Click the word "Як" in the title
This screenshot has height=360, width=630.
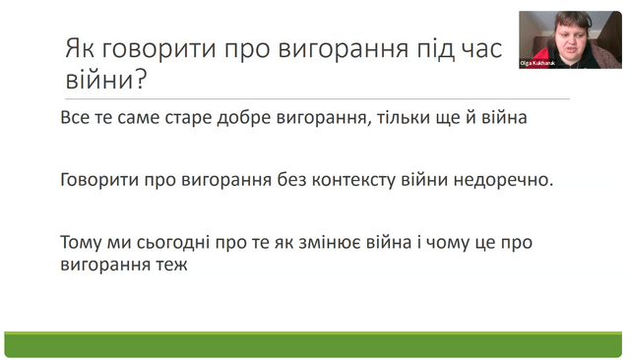tap(81, 48)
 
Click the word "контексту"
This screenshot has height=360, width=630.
tap(353, 180)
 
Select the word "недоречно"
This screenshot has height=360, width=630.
tap(504, 180)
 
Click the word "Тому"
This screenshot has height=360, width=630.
tap(81, 243)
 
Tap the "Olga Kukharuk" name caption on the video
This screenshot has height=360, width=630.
tap(537, 63)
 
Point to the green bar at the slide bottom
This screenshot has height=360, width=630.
tap(313, 344)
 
